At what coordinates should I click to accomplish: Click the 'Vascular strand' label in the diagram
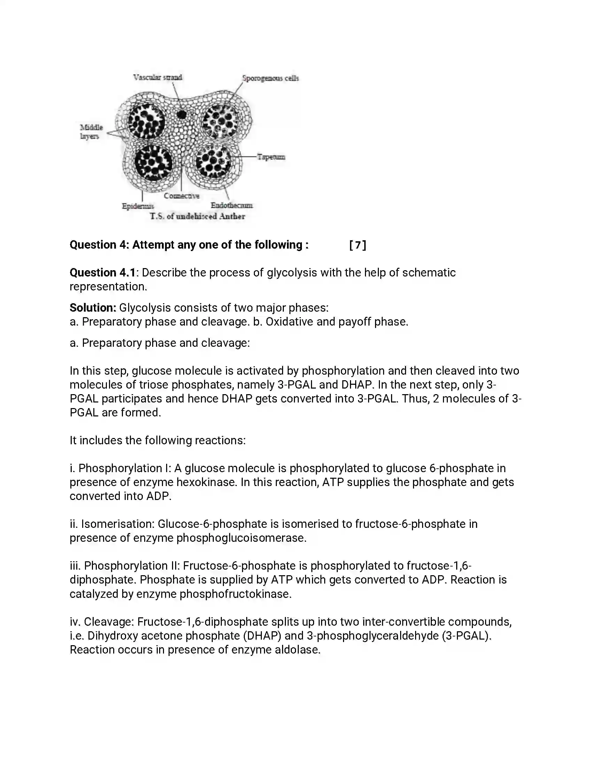click(157, 77)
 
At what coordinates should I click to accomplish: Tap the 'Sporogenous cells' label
click(270, 78)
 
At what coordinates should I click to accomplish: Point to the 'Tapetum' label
click(271, 157)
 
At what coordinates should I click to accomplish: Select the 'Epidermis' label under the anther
click(138, 206)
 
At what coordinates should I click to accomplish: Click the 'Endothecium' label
click(232, 205)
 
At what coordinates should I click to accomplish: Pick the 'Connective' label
click(181, 196)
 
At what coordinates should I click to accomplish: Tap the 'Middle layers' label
click(91, 132)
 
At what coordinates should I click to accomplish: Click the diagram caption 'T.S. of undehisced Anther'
click(197, 216)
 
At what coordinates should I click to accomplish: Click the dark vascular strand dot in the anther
click(181, 114)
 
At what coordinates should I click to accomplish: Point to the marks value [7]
click(357, 245)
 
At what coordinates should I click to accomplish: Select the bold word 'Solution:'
click(93, 307)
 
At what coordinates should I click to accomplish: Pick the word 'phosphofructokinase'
click(235, 594)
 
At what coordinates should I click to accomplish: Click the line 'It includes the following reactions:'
click(157, 440)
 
